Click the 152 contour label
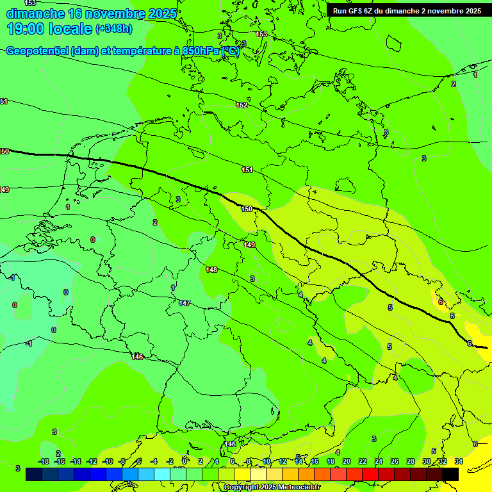242,105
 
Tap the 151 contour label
247,170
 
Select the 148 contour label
212,270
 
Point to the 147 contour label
184,303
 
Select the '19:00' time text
26,29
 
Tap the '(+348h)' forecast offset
114,29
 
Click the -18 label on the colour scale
44,461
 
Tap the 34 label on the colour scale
459,461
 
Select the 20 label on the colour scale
347,461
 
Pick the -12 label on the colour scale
92,461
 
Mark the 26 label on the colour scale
395,461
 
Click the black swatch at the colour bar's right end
450,475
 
